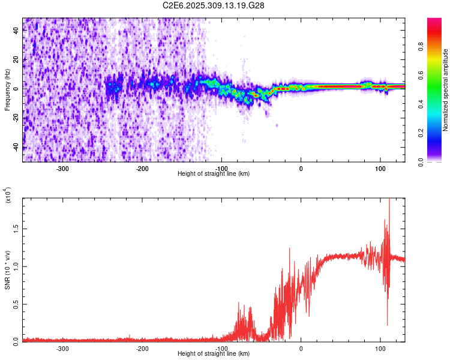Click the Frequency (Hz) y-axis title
(x=7, y=90)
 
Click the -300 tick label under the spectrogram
(x=63, y=168)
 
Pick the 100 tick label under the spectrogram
(x=380, y=168)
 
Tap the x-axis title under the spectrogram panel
(x=214, y=174)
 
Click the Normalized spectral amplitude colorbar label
(x=446, y=90)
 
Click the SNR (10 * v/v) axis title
(x=7, y=270)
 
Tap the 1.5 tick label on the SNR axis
(x=15, y=228)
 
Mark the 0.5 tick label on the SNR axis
(x=15, y=304)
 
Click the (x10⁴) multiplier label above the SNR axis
(x=8, y=196)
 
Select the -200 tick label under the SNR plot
(x=142, y=348)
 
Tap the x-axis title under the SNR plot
(x=214, y=354)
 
